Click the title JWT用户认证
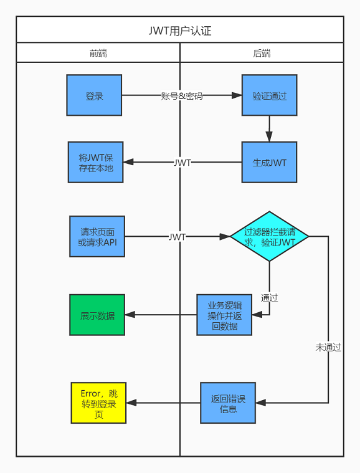(180, 31)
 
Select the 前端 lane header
(98, 53)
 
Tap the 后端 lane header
(262, 53)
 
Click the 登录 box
(94, 95)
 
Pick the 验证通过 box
(269, 95)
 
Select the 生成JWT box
(269, 162)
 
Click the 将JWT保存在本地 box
(95, 162)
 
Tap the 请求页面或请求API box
(97, 237)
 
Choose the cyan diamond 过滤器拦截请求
(270, 236)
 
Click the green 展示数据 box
(97, 315)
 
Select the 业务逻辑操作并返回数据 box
(224, 315)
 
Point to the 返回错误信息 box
(228, 403)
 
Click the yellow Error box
(98, 403)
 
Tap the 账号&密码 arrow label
(182, 96)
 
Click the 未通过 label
(328, 347)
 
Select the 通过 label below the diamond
(269, 298)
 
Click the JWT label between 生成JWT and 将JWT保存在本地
(182, 163)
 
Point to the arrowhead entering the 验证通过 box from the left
(237, 95)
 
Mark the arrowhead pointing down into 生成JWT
(269, 136)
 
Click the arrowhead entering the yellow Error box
(131, 403)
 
